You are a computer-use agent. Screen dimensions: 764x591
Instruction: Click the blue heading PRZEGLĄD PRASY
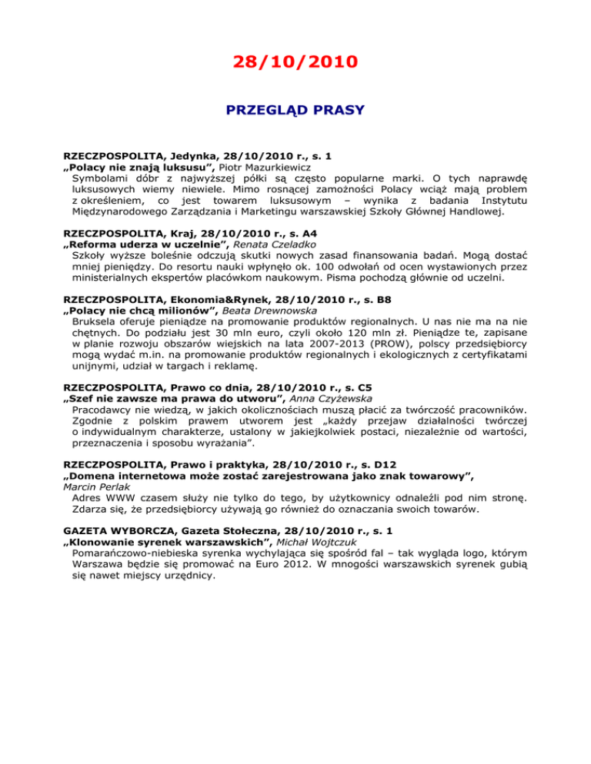click(x=295, y=110)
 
